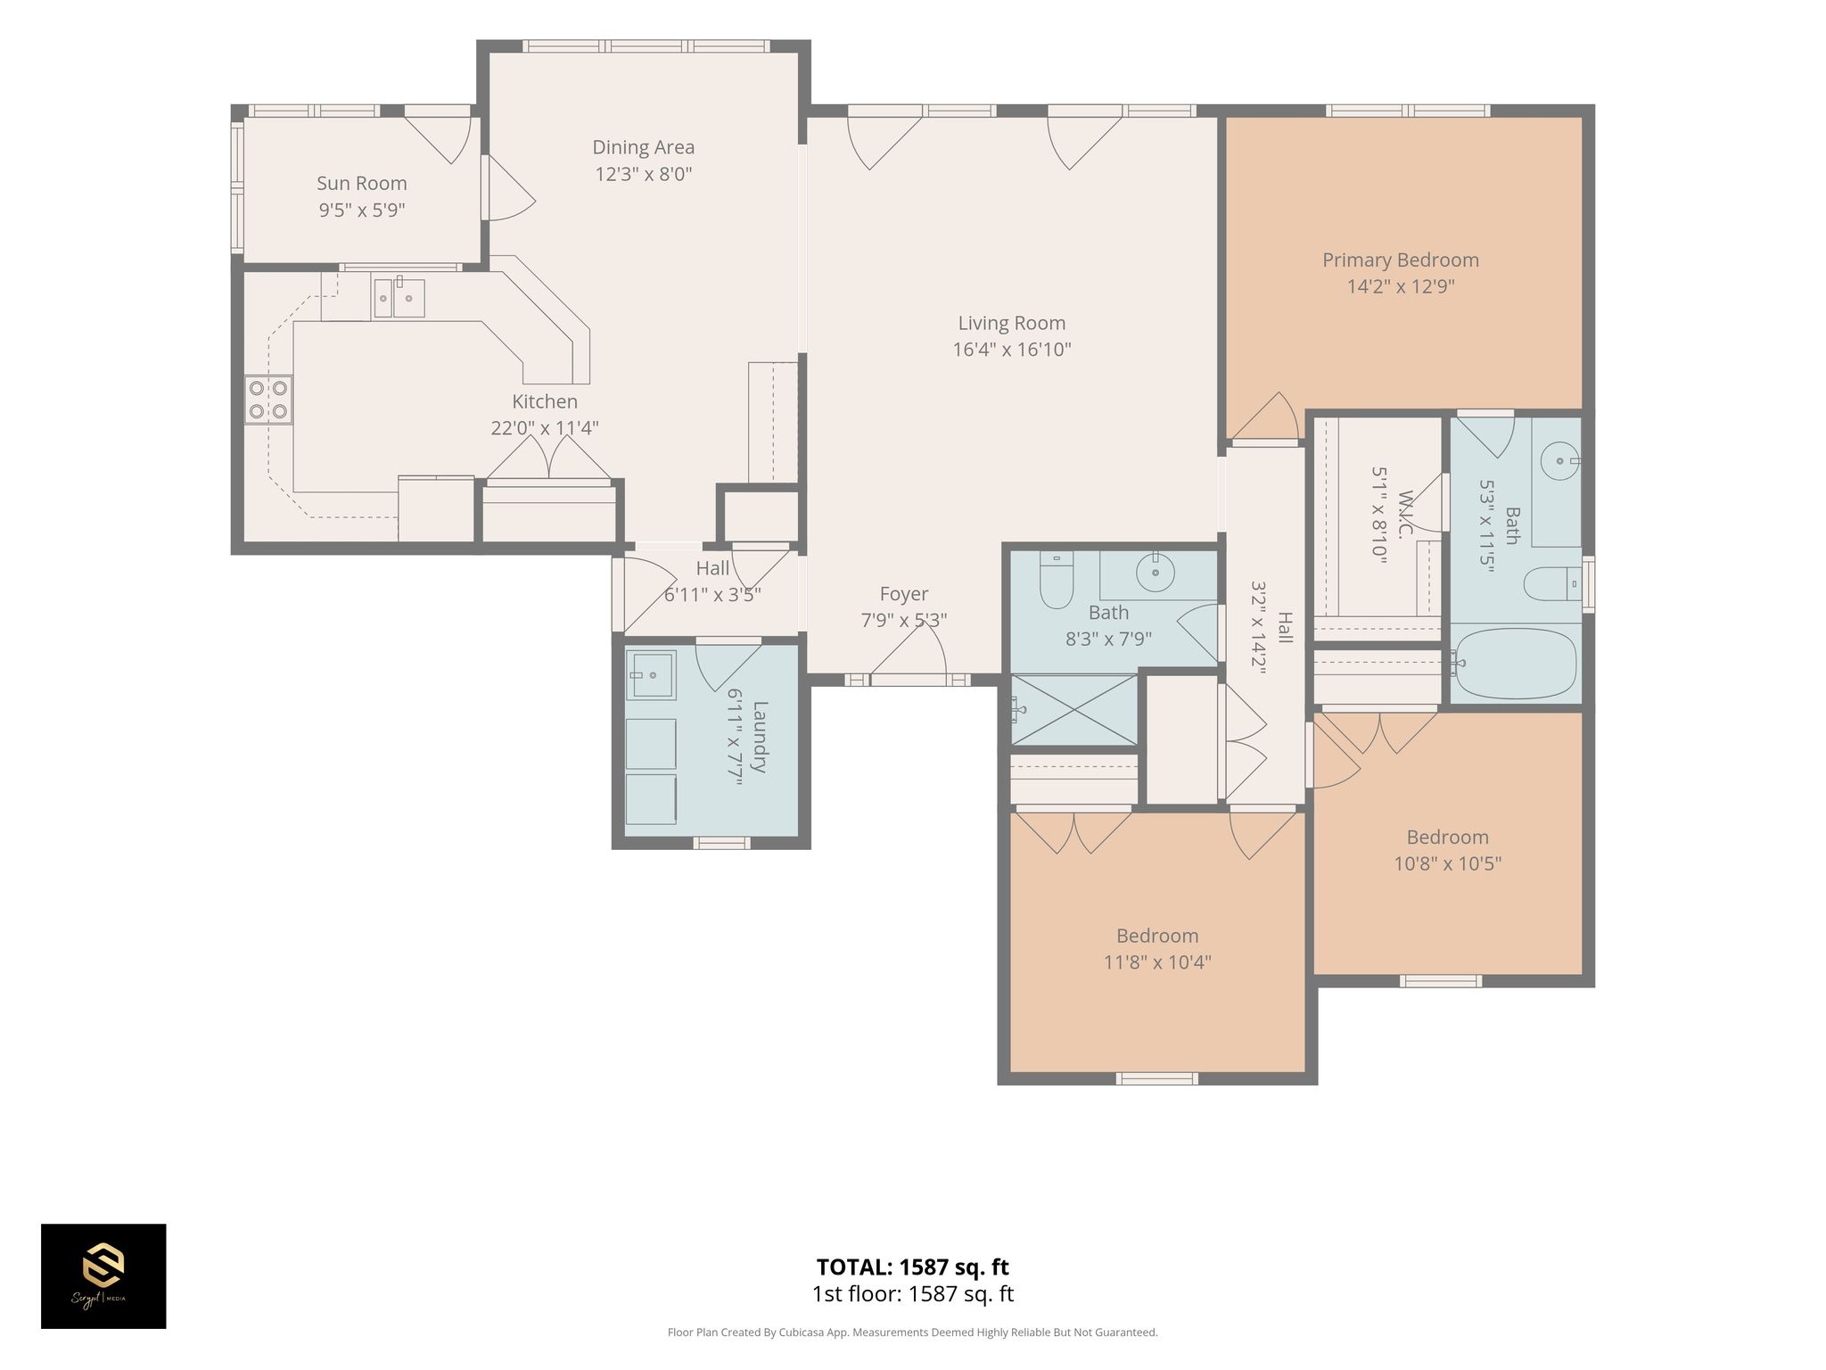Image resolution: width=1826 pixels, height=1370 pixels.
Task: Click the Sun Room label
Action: click(x=362, y=184)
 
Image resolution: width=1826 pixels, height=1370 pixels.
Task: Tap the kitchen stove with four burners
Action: click(x=268, y=400)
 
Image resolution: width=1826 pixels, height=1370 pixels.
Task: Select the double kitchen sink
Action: click(x=399, y=298)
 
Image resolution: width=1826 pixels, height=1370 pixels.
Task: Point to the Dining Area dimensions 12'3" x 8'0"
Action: click(x=644, y=174)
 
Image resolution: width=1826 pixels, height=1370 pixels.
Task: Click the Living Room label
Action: click(x=1012, y=323)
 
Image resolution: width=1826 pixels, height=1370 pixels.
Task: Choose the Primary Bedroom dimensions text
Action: click(x=1401, y=286)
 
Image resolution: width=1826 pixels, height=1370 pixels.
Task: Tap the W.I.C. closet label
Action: click(x=1406, y=514)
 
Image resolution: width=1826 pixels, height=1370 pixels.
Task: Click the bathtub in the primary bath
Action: click(x=1516, y=664)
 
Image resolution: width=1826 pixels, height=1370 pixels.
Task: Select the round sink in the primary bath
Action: click(x=1560, y=461)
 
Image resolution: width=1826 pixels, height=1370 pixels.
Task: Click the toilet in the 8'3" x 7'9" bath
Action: click(x=1057, y=580)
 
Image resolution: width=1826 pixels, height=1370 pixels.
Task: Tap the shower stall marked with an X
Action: click(x=1073, y=709)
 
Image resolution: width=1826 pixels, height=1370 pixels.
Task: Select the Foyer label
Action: click(x=904, y=594)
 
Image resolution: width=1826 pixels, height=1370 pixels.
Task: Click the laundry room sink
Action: click(x=651, y=674)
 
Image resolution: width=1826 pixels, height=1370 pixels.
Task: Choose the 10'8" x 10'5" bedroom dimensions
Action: click(x=1448, y=863)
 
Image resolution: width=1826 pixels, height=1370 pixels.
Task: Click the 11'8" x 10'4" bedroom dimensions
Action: click(x=1157, y=962)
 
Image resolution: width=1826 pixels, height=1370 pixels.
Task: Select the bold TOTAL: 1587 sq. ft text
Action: click(x=913, y=1267)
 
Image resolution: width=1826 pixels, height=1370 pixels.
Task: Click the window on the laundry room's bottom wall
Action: click(x=722, y=843)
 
